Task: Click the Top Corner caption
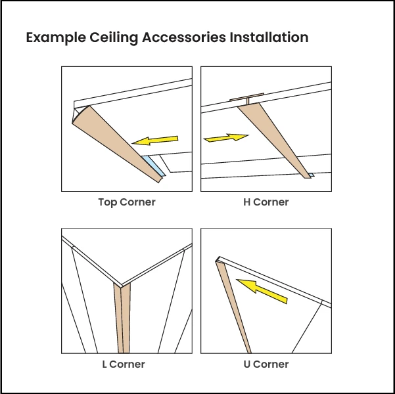pos(127,202)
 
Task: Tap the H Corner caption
pos(266,202)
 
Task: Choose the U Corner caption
pos(266,364)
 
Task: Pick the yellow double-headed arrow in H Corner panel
pos(226,137)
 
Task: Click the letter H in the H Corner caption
pos(246,202)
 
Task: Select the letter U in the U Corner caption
pos(246,364)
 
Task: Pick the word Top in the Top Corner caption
pos(108,202)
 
